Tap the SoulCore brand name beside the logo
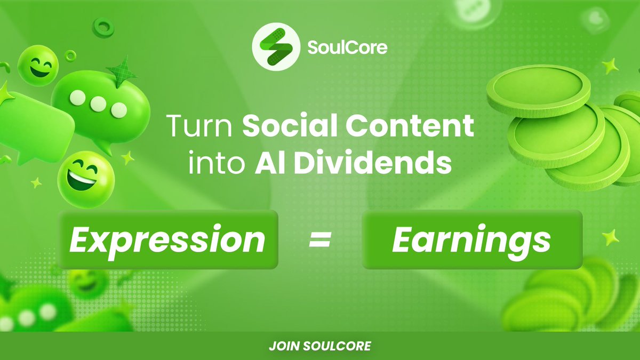tap(347, 49)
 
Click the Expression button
tap(168, 239)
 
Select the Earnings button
tap(471, 239)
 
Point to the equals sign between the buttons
tap(320, 241)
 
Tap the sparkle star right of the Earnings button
tap(610, 237)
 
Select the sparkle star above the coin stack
tap(610, 66)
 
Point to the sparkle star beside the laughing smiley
tap(127, 157)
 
